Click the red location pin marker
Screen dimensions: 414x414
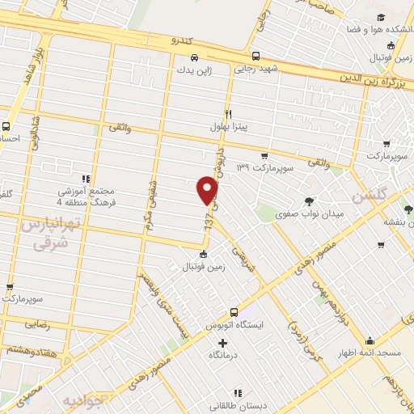(209, 190)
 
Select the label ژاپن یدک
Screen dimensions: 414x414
(194, 70)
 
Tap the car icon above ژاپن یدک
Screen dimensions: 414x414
(194, 57)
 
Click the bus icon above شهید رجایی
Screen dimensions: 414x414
(256, 57)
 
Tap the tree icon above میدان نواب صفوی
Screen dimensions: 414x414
(307, 201)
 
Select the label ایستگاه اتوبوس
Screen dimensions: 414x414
(234, 324)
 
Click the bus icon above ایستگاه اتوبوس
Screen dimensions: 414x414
(234, 311)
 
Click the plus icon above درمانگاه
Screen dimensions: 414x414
(211, 343)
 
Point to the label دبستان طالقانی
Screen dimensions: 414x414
(225, 406)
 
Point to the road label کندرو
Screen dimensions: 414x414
(183, 40)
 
